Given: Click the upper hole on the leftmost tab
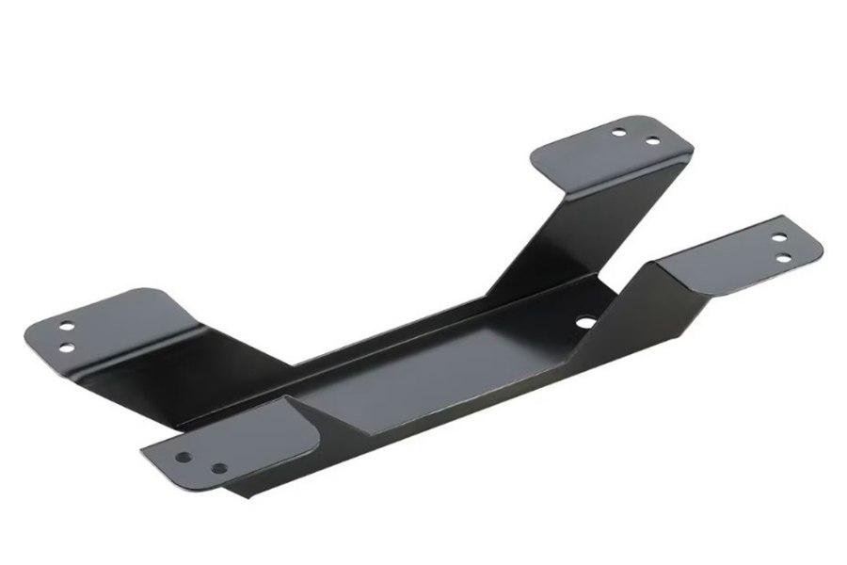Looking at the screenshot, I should [67, 327].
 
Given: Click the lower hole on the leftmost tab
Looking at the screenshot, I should [67, 348].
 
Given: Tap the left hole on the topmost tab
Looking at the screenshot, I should [617, 132].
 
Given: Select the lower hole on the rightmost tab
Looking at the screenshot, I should [781, 256].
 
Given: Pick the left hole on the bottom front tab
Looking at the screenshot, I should [184, 458].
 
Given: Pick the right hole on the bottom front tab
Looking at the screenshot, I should [218, 468].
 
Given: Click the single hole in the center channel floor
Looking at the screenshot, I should [585, 322].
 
